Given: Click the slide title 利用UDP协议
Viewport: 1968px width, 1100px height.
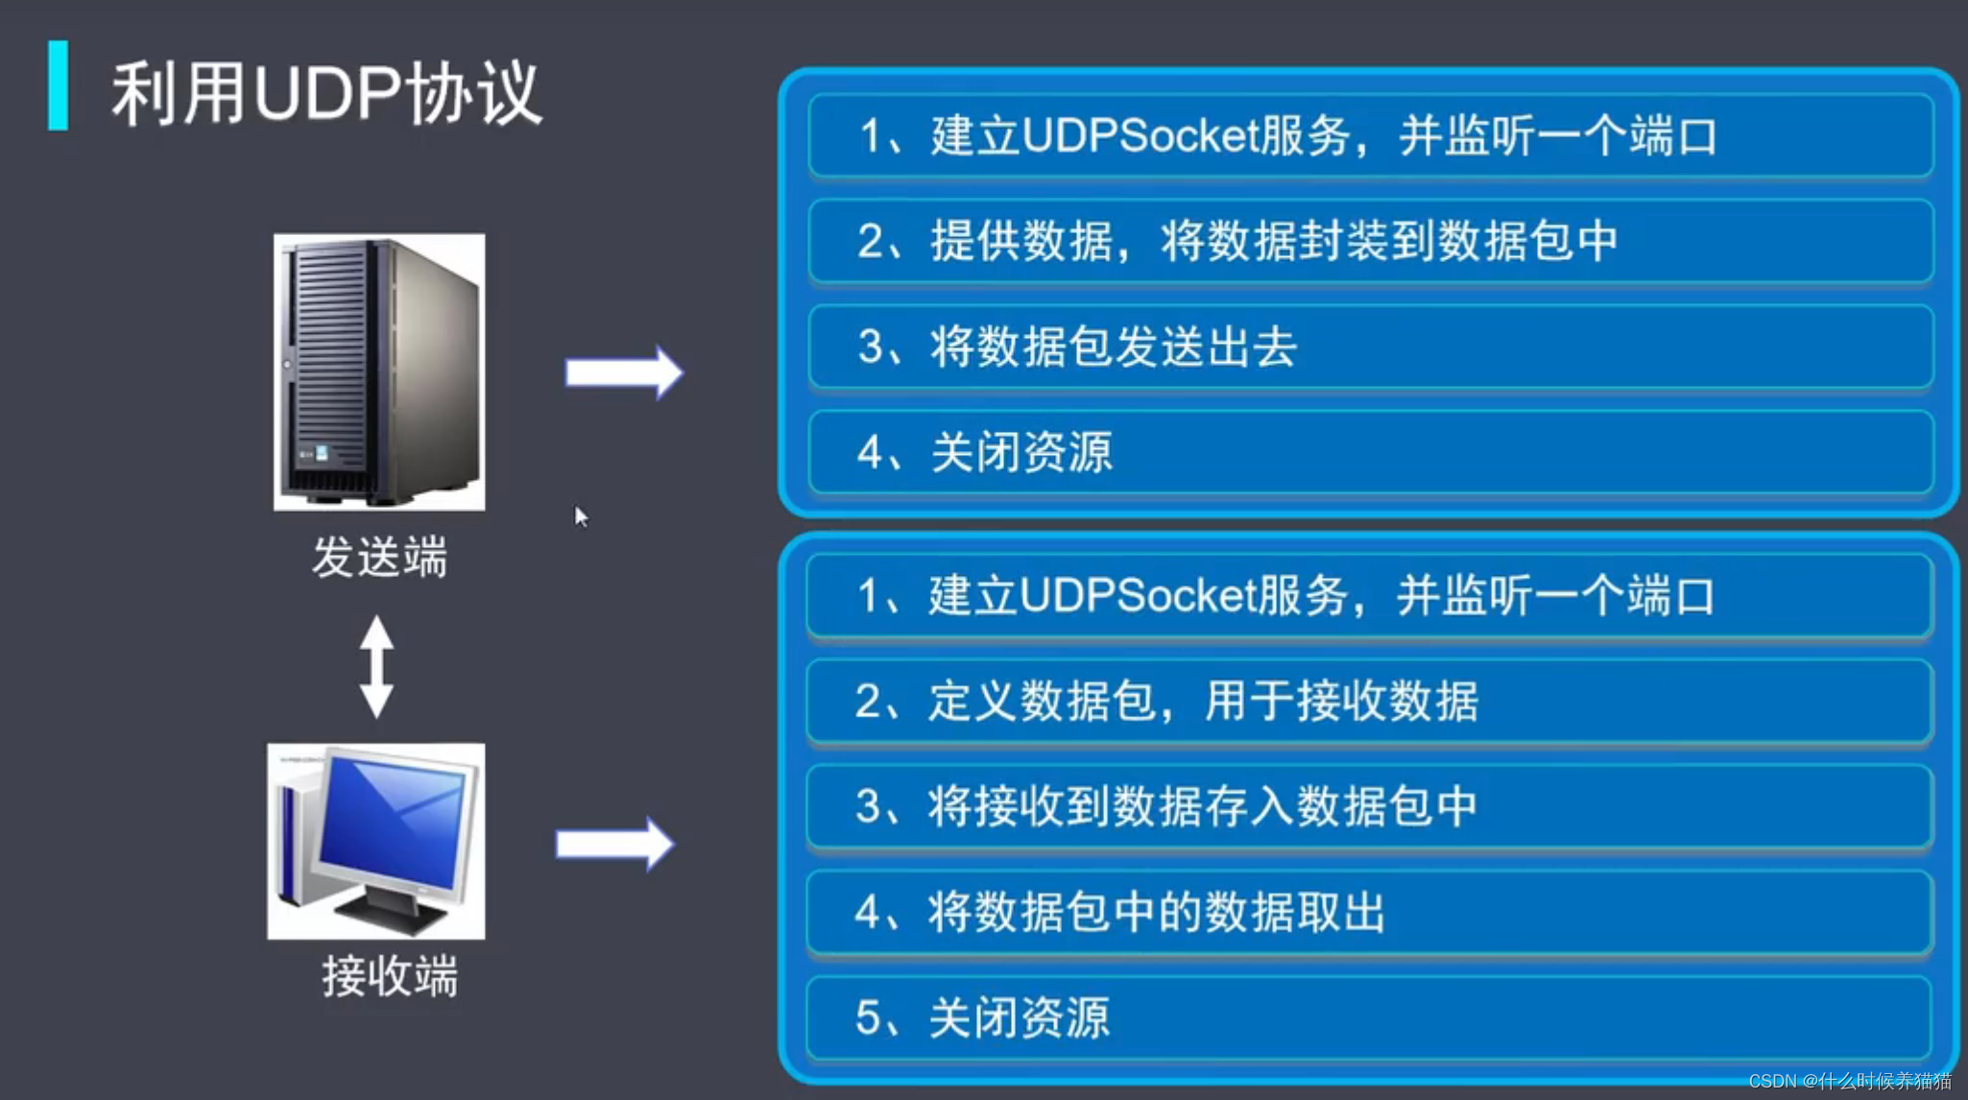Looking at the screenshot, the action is tap(326, 93).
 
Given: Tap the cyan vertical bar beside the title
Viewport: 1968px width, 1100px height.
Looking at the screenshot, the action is tap(59, 85).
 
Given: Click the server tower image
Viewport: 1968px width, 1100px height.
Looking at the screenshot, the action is tap(379, 371).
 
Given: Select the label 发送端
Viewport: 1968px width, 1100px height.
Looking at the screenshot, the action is tap(380, 558).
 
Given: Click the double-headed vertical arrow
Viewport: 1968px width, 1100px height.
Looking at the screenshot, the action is tap(376, 666).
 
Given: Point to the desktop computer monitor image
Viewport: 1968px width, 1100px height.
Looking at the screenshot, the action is tap(376, 841).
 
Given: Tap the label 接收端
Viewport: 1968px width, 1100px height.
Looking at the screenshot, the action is tap(390, 977).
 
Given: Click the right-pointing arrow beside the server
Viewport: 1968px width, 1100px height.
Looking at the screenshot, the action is tap(624, 372).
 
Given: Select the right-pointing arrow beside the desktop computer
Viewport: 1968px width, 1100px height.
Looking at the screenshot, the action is tap(615, 845).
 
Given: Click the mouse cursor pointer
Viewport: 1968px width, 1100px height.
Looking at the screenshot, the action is tap(580, 515).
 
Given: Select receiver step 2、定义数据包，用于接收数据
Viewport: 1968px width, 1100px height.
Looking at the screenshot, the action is tap(1165, 701).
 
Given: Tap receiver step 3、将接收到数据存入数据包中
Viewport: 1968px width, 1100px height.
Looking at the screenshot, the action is tap(1165, 806).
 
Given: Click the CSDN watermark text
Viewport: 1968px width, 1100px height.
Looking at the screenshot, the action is tap(1849, 1081).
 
